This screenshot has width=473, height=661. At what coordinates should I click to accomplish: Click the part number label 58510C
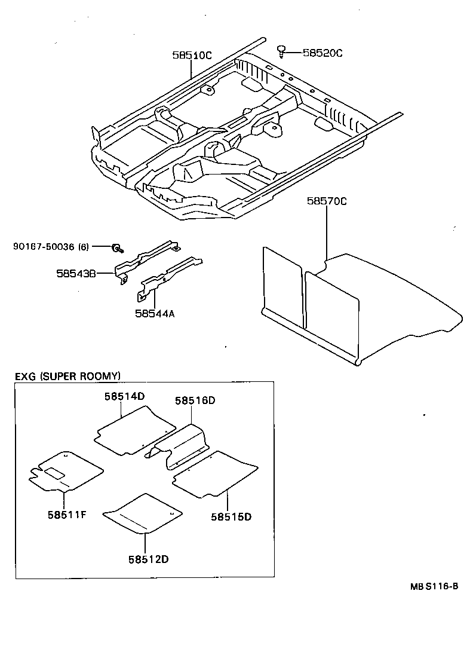point(192,56)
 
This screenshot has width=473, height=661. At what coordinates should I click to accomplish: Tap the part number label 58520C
point(322,53)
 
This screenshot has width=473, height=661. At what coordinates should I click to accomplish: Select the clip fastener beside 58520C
point(281,51)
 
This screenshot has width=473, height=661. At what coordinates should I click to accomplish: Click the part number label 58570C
point(327,201)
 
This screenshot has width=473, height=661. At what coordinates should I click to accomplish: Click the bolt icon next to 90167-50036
point(118,247)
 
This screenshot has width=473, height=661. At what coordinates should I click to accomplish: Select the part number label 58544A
point(155,313)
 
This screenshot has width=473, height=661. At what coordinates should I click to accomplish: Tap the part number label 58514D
point(125,396)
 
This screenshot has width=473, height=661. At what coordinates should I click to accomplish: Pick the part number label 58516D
point(195,401)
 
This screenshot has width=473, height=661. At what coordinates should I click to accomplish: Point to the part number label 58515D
point(231,516)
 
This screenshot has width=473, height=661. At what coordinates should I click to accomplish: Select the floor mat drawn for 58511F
point(66,471)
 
